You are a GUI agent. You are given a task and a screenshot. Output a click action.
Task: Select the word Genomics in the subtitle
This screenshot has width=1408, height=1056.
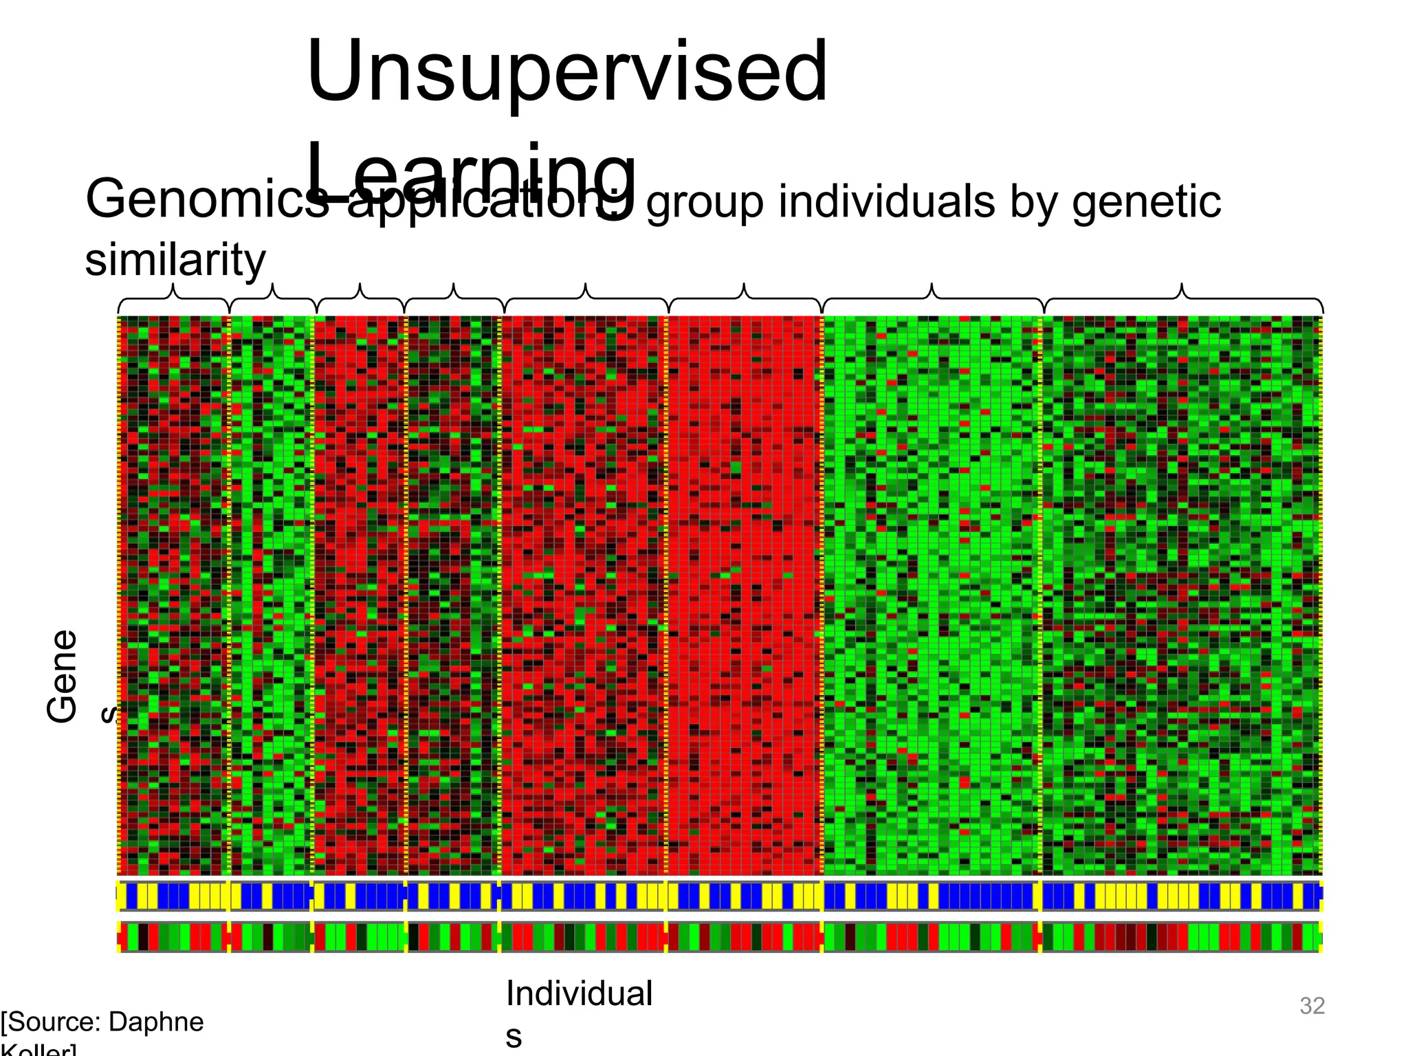point(206,201)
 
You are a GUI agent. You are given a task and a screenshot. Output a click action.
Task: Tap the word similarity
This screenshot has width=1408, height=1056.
point(175,260)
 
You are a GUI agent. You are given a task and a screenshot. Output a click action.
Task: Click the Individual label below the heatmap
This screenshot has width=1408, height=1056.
point(579,993)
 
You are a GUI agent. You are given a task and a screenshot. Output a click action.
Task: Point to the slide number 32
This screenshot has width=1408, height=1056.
point(1312,1006)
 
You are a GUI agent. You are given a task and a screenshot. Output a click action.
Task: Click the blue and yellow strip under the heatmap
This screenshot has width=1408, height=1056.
point(720,896)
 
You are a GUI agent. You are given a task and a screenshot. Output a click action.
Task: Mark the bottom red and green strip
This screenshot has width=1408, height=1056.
point(720,936)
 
